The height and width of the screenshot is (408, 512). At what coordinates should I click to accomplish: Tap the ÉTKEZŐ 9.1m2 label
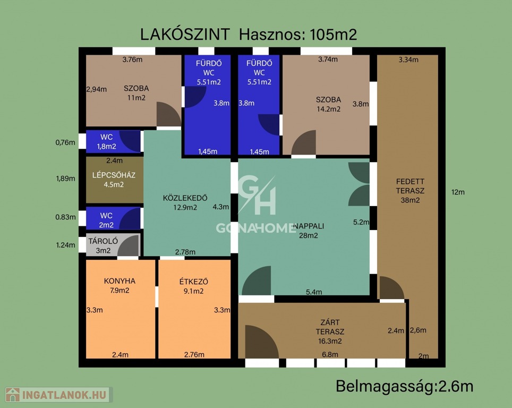point(194,286)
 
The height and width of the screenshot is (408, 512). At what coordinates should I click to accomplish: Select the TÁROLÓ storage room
point(113,245)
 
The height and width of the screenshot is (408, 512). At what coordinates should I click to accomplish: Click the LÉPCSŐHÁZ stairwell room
point(115,180)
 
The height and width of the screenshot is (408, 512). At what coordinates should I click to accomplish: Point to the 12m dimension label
point(458,192)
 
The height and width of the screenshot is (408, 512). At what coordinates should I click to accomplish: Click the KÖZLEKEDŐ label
point(185,198)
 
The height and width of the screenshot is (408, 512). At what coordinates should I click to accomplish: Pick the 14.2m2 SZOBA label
point(328,104)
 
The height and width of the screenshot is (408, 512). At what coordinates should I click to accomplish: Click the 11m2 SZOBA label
point(136,93)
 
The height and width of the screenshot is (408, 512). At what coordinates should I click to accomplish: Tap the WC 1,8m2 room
point(113,141)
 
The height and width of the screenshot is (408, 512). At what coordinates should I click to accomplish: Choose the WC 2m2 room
point(113,218)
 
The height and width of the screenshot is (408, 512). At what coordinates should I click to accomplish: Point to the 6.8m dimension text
point(330,354)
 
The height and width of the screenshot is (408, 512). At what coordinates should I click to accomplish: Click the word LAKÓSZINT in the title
point(185,35)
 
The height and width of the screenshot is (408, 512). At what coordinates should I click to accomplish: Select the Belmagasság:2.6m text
point(405,386)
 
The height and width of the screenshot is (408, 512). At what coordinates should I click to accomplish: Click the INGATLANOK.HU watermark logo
point(59,395)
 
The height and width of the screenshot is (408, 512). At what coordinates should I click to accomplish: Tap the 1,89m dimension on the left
point(65,178)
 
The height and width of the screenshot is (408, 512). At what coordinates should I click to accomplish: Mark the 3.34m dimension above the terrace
point(408,59)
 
